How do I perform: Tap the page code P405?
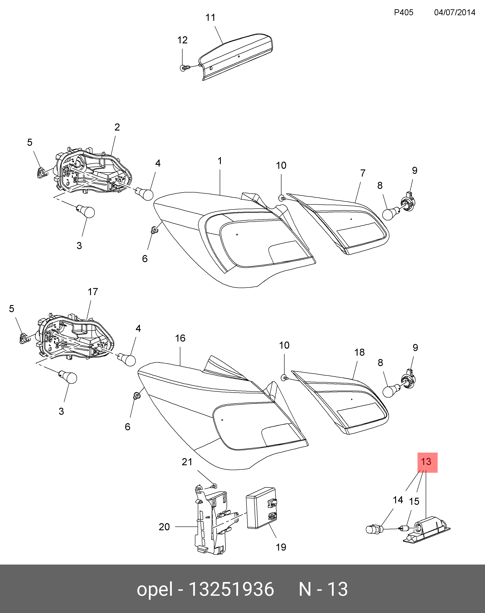(x=404, y=12)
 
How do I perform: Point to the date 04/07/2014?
(x=455, y=12)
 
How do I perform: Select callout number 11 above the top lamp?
(x=210, y=18)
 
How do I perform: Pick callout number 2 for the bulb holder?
(x=117, y=127)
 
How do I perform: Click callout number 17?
(x=93, y=292)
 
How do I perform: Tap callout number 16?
(x=180, y=338)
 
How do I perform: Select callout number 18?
(x=360, y=352)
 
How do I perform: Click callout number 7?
(x=363, y=173)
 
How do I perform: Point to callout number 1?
(x=219, y=161)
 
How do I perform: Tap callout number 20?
(x=164, y=527)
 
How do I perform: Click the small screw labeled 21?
(x=214, y=486)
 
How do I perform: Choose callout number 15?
(x=414, y=502)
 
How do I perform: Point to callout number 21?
(x=187, y=462)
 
